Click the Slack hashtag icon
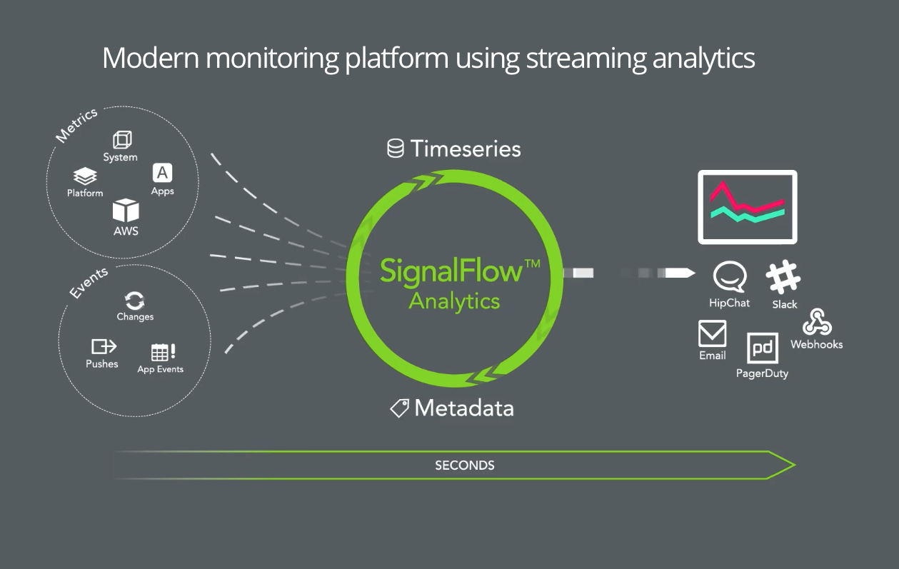click(783, 277)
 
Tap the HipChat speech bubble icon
click(730, 276)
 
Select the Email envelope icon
click(713, 333)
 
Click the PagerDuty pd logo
click(763, 348)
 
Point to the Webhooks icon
click(817, 322)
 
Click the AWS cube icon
click(126, 210)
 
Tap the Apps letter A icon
click(162, 173)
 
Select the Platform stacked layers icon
click(85, 176)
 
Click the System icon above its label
click(122, 140)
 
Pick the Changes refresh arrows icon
click(134, 301)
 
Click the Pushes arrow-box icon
click(104, 346)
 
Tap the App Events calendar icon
click(163, 352)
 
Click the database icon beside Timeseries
click(396, 148)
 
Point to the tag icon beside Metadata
click(399, 408)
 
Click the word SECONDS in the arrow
click(465, 465)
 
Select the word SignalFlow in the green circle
click(451, 271)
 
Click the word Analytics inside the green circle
click(454, 302)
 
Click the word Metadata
click(464, 408)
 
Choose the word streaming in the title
click(586, 59)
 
